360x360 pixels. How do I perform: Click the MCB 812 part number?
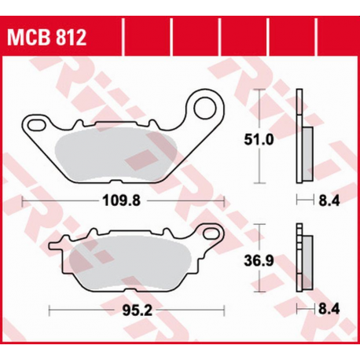coord(46,38)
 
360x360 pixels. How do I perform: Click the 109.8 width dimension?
coord(121,201)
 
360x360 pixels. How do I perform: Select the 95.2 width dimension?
coord(138,311)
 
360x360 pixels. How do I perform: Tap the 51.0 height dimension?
coord(259,140)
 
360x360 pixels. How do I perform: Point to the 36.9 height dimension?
coord(259,261)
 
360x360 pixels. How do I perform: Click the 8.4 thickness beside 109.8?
coord(329,201)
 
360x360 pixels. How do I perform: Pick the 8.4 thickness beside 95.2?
coord(329,309)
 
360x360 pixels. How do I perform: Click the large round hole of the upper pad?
coord(205,108)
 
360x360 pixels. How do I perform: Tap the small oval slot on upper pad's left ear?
coord(37,124)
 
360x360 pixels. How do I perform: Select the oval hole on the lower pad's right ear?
coord(212,233)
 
